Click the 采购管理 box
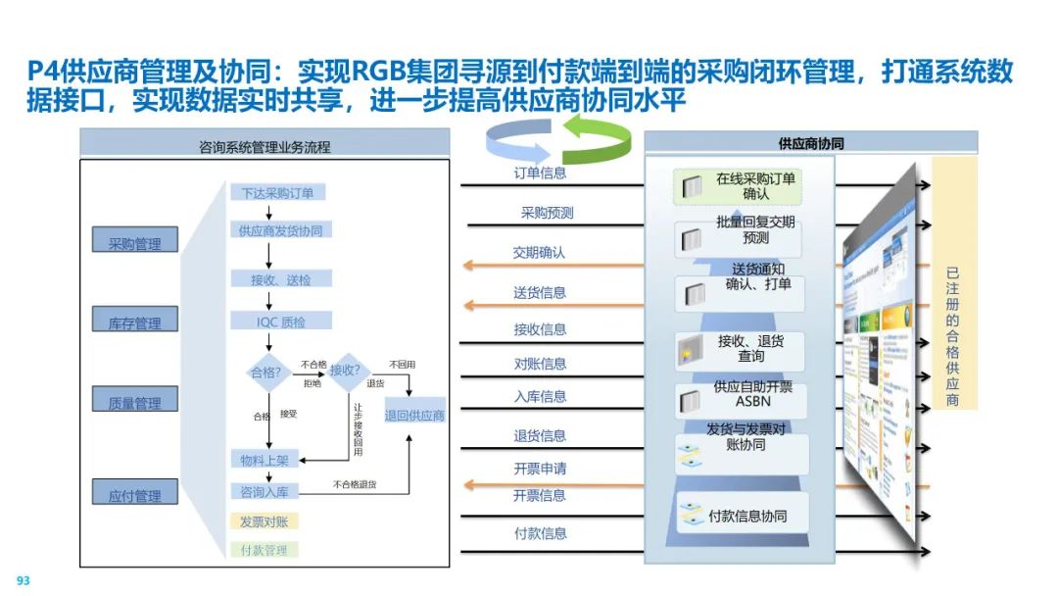pos(134,241)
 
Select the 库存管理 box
pos(134,321)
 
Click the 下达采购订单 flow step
pos(278,193)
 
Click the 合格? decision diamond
pos(267,372)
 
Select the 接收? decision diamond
pos(346,370)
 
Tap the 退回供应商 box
pos(414,415)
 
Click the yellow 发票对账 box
pos(264,521)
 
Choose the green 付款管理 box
pos(264,550)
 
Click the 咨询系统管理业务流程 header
pos(264,147)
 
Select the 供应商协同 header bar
pos(810,143)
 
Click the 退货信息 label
pos(540,435)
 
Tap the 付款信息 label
pos(540,533)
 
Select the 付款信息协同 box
pos(745,515)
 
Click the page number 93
pos(24,580)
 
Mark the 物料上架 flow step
pos(264,460)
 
